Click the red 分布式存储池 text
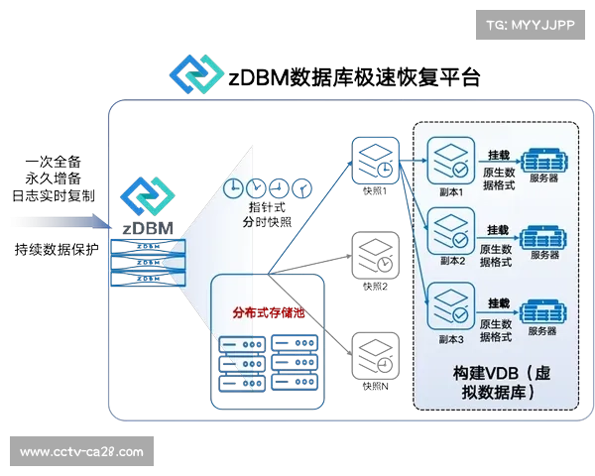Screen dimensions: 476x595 point(269,312)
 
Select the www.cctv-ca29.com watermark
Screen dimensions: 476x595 point(81,452)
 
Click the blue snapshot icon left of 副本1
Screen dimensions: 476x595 point(374,159)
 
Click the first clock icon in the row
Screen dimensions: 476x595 point(233,188)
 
